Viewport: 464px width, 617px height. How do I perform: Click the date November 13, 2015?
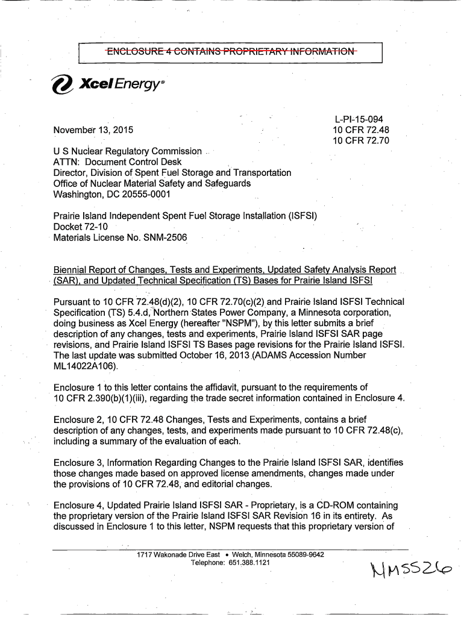point(94,130)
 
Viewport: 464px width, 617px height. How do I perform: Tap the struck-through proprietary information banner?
point(231,54)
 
